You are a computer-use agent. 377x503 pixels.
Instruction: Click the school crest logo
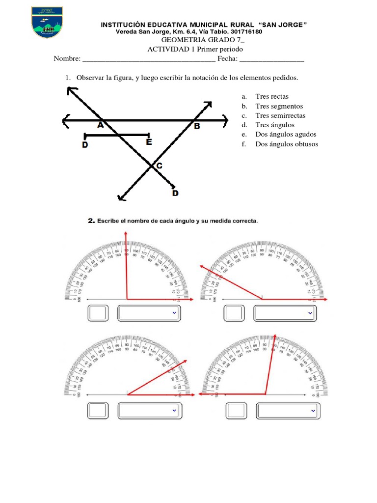[48, 23]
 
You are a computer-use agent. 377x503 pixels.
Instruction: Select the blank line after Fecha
[271, 59]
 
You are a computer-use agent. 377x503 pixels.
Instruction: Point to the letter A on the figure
[100, 126]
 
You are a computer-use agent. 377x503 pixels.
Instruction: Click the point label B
[197, 126]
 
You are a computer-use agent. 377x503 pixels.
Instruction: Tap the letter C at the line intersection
[159, 167]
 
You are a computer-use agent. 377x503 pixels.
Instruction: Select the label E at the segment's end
[149, 142]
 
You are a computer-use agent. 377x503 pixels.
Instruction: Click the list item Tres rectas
[272, 97]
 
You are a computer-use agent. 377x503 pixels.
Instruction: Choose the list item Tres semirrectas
[280, 115]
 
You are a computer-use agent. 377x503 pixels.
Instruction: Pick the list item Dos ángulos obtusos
[286, 144]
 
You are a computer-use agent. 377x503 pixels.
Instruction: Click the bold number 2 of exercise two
[91, 221]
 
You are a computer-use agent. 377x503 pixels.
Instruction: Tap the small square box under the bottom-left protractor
[97, 410]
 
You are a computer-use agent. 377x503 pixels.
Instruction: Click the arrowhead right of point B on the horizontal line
[225, 119]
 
